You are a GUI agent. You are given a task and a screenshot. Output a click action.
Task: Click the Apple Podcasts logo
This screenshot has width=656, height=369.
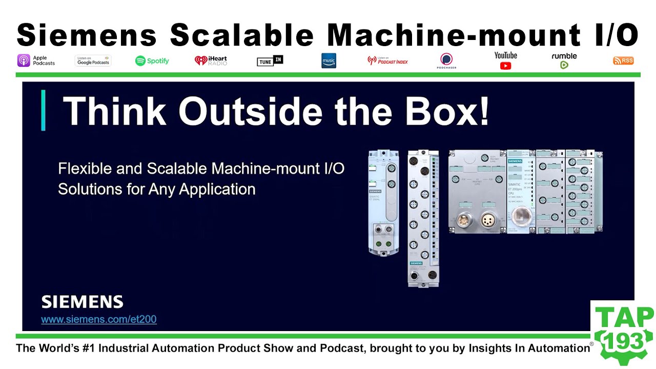pyautogui.click(x=36, y=60)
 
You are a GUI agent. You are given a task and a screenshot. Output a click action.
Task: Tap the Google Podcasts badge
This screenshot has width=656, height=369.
pyautogui.click(x=93, y=60)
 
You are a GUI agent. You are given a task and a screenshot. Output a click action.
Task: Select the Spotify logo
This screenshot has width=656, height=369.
pyautogui.click(x=152, y=60)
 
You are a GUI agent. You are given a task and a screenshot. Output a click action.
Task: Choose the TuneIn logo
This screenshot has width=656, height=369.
pyautogui.click(x=270, y=60)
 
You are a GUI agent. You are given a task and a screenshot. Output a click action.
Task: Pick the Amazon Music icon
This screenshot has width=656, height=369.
pyautogui.click(x=329, y=60)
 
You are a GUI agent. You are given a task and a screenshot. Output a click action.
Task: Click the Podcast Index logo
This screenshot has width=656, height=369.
pyautogui.click(x=388, y=60)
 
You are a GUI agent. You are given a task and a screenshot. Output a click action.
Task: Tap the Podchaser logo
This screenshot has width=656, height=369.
pyautogui.click(x=447, y=60)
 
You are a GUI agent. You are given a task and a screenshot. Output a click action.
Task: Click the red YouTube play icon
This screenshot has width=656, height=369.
pyautogui.click(x=505, y=66)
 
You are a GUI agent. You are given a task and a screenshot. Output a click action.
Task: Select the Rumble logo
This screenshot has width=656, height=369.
pyautogui.click(x=564, y=60)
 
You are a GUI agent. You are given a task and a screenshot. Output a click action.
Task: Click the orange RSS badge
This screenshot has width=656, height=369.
pyautogui.click(x=623, y=60)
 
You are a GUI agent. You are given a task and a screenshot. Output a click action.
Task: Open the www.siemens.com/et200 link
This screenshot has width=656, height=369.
pyautogui.click(x=99, y=319)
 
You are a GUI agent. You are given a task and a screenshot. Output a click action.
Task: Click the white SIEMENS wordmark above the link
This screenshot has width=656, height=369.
pyautogui.click(x=82, y=301)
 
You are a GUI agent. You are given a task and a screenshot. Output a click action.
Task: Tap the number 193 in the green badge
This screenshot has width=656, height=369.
pyautogui.click(x=623, y=339)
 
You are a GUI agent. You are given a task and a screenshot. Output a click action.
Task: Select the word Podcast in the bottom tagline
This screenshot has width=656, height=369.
pyautogui.click(x=339, y=348)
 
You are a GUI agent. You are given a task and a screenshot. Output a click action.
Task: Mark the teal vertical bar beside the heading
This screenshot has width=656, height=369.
pyautogui.click(x=43, y=110)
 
